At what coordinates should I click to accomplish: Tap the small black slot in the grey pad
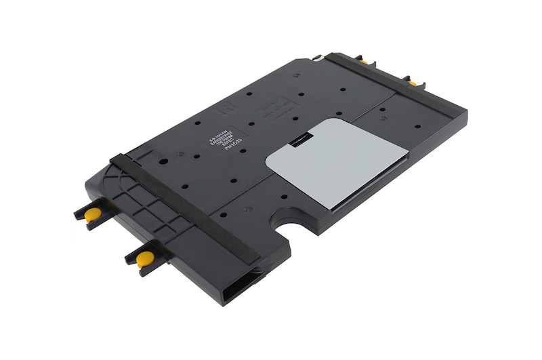[x=298, y=143]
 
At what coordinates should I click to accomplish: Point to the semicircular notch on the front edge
[x=295, y=222]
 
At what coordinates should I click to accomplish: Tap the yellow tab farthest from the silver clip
[x=412, y=83]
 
